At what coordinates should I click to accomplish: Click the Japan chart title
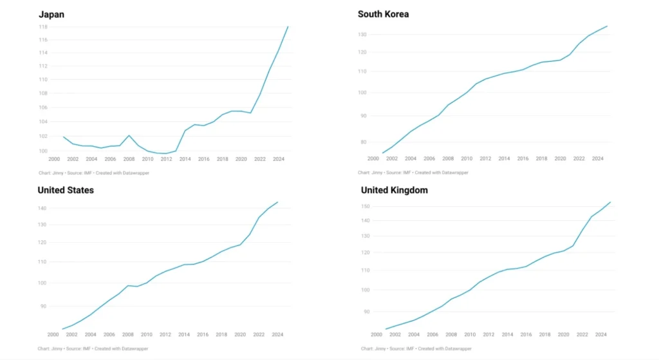(x=51, y=14)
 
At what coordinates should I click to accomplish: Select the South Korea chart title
(x=383, y=14)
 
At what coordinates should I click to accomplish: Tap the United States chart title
(x=66, y=190)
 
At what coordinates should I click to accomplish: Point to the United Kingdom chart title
(x=394, y=190)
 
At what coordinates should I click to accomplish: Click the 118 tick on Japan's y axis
(x=43, y=27)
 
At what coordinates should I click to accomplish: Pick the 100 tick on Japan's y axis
(x=43, y=151)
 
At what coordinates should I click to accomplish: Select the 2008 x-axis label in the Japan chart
(x=129, y=159)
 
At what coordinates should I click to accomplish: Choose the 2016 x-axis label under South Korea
(x=523, y=158)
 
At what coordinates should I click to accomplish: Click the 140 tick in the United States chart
(x=42, y=209)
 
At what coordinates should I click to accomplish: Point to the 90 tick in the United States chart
(x=44, y=306)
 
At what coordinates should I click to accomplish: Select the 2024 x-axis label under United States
(x=278, y=335)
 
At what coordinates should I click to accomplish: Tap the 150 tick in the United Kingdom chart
(x=366, y=207)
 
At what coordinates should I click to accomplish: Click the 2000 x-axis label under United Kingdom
(x=376, y=335)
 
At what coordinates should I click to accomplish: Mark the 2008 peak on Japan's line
(x=129, y=135)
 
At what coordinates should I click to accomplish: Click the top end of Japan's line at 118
(x=288, y=26)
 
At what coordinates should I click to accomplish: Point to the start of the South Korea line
(x=382, y=153)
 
